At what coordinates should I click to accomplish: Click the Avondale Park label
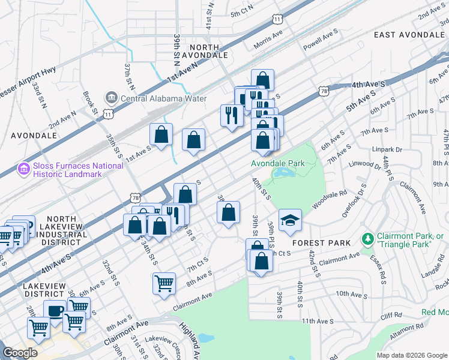(279, 163)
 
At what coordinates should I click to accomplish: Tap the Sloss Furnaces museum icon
(24, 170)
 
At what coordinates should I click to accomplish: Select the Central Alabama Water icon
(111, 98)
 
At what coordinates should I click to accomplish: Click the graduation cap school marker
(291, 220)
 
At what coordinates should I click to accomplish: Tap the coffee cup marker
(55, 311)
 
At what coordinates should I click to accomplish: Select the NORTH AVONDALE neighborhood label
(208, 50)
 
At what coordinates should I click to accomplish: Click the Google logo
(20, 353)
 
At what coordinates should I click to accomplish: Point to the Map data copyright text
(411, 355)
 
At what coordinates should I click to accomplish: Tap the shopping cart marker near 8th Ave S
(164, 283)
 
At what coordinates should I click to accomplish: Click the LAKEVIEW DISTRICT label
(44, 291)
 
